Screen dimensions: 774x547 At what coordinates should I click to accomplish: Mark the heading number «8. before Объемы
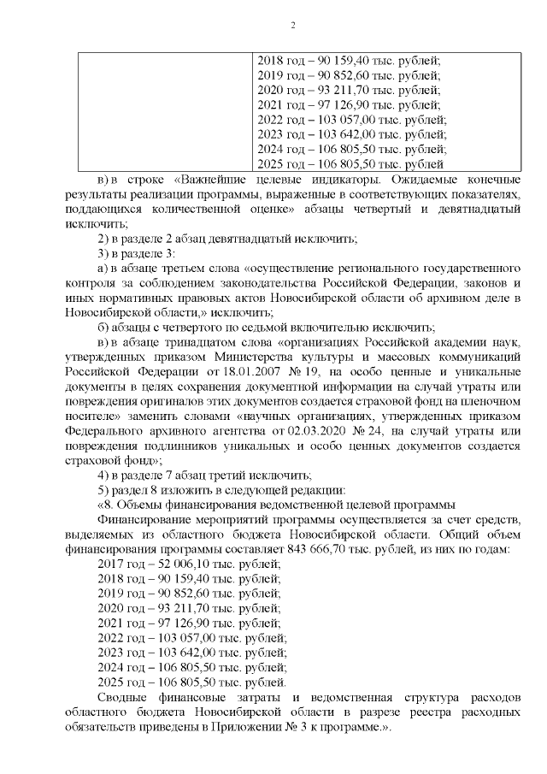[110, 503]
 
